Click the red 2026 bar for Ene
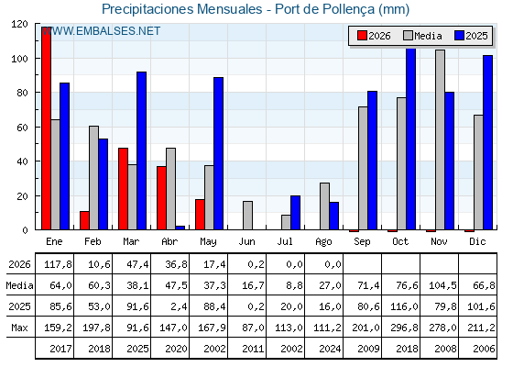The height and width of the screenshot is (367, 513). coord(46,128)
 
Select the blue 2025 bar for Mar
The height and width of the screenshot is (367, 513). coord(141,150)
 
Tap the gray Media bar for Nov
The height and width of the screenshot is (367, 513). coord(440,139)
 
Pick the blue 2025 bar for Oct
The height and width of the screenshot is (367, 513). coord(411,139)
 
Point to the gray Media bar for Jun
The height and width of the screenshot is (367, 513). coord(247,216)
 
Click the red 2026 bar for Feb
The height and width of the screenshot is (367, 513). coord(84,220)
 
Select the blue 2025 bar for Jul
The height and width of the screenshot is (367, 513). coord(295,213)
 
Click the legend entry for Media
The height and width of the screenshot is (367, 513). coord(422,36)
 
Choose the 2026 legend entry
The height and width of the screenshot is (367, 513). coord(374,36)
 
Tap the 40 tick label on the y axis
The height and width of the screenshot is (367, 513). coord(22,161)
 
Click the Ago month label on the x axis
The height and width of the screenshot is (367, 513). coord(323,242)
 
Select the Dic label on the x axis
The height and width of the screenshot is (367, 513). coord(477,241)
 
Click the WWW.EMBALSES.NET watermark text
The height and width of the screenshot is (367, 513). coord(101,31)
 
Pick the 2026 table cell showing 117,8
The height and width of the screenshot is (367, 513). coord(58,264)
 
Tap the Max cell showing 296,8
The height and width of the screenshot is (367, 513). coord(404,328)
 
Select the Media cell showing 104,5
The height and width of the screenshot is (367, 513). coord(442,285)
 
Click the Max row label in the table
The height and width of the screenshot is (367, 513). coord(19,328)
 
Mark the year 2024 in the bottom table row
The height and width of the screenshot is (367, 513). coord(330,349)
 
